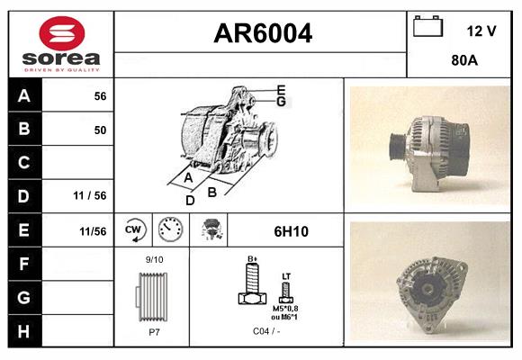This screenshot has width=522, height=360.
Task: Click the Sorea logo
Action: click(x=61, y=44)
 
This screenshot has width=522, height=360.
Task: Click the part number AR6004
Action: click(x=262, y=33)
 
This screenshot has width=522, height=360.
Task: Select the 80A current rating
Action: click(x=463, y=63)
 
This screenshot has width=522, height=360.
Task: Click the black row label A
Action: click(x=24, y=96)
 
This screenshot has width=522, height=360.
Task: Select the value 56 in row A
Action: click(x=100, y=96)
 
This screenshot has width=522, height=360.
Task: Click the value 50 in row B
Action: click(x=100, y=130)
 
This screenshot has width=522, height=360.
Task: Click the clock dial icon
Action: click(x=168, y=230)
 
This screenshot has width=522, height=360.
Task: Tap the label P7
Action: click(x=154, y=331)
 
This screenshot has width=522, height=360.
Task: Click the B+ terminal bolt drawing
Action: click(x=253, y=285)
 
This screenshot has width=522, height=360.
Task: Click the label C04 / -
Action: click(x=265, y=331)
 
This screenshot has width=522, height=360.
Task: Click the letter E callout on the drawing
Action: click(x=281, y=89)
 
